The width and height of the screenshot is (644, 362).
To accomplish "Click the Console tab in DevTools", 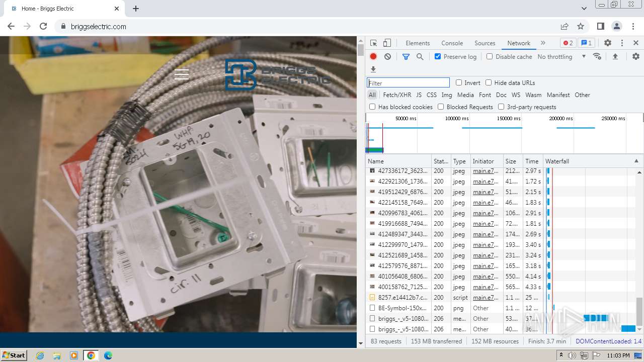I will click(452, 43).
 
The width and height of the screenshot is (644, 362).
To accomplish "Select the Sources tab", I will click(485, 43).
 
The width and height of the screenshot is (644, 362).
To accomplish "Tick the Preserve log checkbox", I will click(438, 56).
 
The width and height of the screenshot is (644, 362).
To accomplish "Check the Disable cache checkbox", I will click(490, 56).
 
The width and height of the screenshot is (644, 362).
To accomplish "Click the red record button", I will click(373, 56).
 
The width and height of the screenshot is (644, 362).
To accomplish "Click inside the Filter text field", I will click(408, 83).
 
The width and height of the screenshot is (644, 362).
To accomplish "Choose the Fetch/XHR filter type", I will click(397, 95).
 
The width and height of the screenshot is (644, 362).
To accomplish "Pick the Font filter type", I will click(485, 95).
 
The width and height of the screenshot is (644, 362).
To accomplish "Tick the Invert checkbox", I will click(459, 83).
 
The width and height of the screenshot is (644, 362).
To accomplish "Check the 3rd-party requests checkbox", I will click(501, 107).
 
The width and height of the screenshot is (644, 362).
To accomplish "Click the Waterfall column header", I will click(557, 161).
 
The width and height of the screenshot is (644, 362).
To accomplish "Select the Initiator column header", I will click(483, 161).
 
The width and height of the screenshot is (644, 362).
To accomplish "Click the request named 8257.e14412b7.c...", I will click(403, 298).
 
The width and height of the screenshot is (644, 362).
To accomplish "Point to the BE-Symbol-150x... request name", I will click(403, 308).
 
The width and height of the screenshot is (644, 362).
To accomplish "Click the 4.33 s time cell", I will click(533, 287).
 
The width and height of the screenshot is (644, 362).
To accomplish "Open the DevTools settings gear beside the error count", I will click(608, 43).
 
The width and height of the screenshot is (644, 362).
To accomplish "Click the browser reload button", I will click(43, 26).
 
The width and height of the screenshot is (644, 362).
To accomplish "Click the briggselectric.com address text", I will click(99, 27).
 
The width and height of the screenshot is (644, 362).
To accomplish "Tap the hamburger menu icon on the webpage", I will click(182, 74).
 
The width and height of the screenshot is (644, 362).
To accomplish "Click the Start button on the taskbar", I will click(14, 355).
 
